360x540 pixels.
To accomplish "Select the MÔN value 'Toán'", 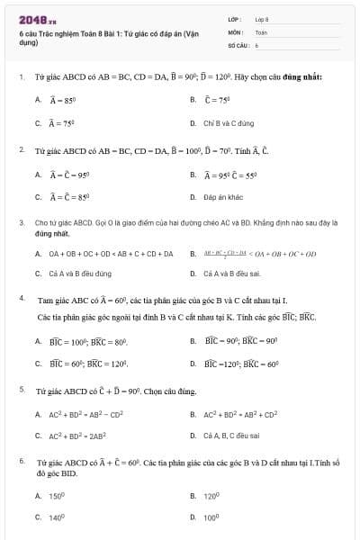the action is pyautogui.click(x=261, y=31).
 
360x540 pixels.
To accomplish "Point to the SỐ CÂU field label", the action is pyautogui.click(x=238, y=44).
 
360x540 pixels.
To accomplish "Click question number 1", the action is pyautogui.click(x=21, y=77).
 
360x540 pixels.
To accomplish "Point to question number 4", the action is pyautogui.click(x=21, y=297).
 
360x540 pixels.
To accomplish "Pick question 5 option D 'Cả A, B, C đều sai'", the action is pyautogui.click(x=232, y=436).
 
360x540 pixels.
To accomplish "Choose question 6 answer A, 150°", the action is pyautogui.click(x=57, y=496).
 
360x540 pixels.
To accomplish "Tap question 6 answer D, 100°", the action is pyautogui.click(x=211, y=517).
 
